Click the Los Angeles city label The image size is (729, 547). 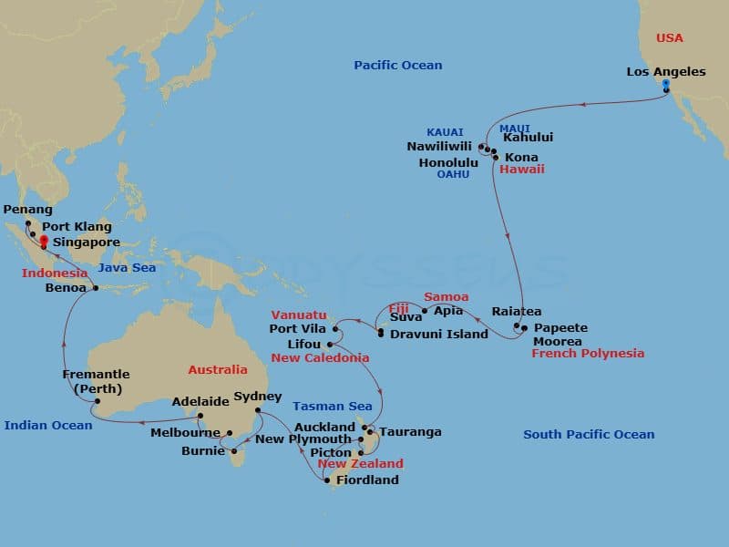click(x=666, y=71)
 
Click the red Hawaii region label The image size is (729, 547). click(x=521, y=170)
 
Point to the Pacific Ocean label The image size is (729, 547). click(x=398, y=65)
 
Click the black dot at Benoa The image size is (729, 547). click(x=95, y=288)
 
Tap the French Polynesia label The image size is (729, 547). click(x=587, y=354)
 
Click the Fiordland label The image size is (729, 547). click(x=367, y=480)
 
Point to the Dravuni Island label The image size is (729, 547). click(x=439, y=335)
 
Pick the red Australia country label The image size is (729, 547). click(x=218, y=370)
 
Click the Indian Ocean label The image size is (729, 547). click(x=48, y=425)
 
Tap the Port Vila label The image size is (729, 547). click(x=297, y=328)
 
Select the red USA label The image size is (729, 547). click(x=670, y=38)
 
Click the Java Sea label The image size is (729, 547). click(x=128, y=268)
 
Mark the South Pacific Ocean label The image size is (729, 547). click(x=589, y=434)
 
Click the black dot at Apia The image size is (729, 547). click(x=425, y=311)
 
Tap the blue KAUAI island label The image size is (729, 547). click(x=445, y=132)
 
